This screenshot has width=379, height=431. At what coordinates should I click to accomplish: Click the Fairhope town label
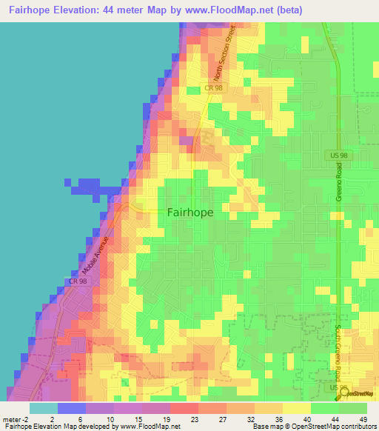(x=190, y=212)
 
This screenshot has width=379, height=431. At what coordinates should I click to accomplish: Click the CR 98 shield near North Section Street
(x=214, y=88)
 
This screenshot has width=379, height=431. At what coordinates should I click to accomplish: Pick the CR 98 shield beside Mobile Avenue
(x=78, y=281)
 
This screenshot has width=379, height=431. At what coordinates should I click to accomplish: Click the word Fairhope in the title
(x=33, y=10)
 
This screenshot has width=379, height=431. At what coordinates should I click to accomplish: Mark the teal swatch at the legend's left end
(x=43, y=408)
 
